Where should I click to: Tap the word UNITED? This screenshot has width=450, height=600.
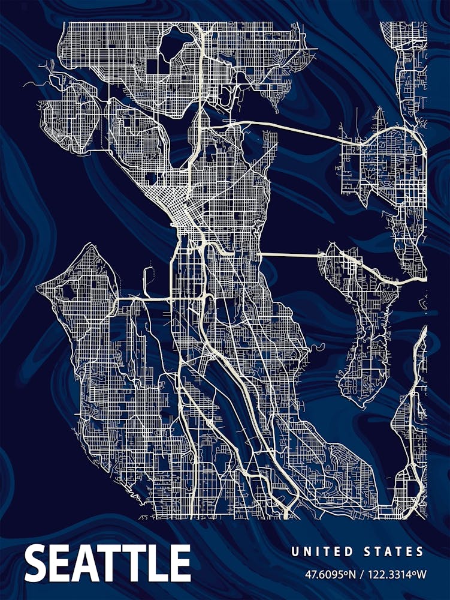pos(319,551)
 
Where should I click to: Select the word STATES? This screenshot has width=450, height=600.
pos(393,551)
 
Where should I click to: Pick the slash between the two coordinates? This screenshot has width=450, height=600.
pos(363,574)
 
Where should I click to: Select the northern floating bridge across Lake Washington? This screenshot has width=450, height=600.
pos(294,128)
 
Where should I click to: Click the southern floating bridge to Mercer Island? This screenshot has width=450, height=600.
pos(291,255)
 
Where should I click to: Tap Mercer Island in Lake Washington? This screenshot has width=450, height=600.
pos(360,324)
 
